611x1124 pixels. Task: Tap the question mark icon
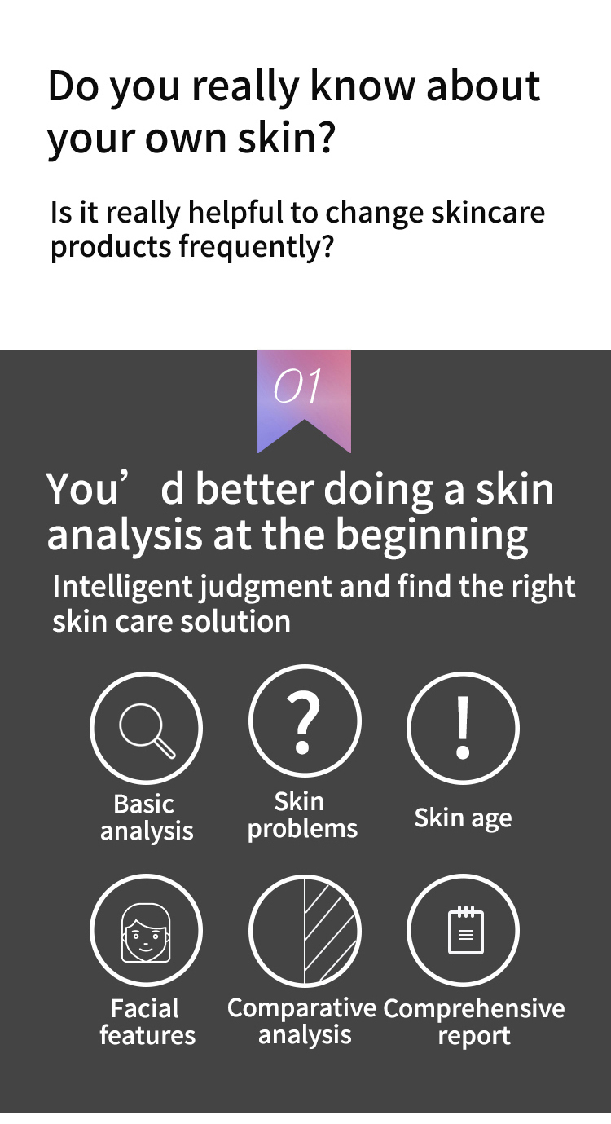click(x=304, y=721)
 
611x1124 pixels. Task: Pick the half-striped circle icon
click(x=305, y=931)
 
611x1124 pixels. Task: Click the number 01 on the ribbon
click(x=297, y=386)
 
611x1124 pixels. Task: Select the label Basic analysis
click(x=146, y=818)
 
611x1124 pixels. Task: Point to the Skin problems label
click(x=302, y=815)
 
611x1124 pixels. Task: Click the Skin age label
click(x=463, y=818)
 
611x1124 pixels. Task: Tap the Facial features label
click(x=147, y=1022)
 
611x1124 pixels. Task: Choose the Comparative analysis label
click(x=302, y=1021)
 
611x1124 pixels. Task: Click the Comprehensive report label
click(x=473, y=1022)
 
